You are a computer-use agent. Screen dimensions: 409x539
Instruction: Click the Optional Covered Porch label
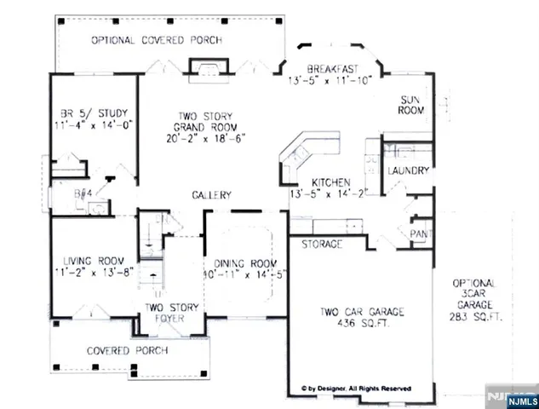click(157, 40)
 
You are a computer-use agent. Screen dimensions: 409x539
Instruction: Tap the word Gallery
click(211, 195)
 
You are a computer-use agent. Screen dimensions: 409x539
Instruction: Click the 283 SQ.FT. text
click(475, 316)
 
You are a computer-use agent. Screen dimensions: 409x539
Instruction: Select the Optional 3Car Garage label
click(475, 293)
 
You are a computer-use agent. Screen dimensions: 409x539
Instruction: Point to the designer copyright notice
click(356, 388)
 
